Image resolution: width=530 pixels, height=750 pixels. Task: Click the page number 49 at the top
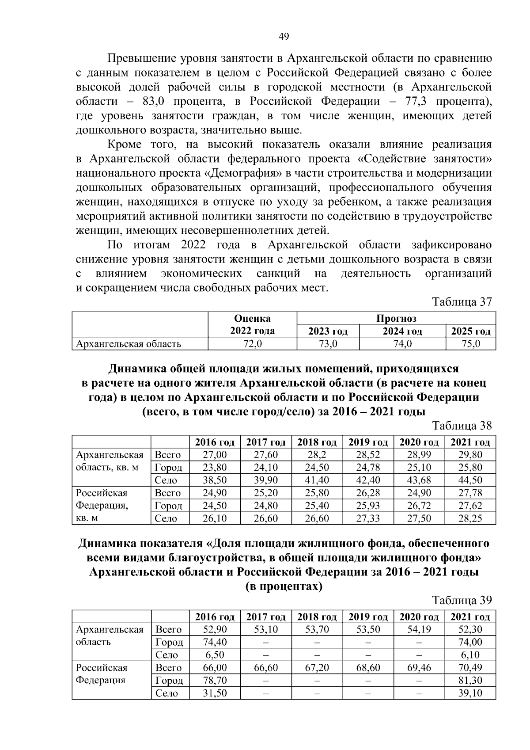[284, 36]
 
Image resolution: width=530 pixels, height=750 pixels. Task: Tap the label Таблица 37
[462, 302]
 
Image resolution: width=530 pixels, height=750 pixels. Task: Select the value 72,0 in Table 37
[252, 344]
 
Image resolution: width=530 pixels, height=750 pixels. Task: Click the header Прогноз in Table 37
[396, 318]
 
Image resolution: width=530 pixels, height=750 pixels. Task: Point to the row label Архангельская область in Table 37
[129, 344]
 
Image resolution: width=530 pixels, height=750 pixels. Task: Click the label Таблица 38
[462, 426]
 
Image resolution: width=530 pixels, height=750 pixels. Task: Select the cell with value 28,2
[317, 455]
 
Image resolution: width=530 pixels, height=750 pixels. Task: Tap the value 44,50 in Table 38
[470, 480]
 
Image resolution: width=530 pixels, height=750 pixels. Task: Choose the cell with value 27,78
[470, 493]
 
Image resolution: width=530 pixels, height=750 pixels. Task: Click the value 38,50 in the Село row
[215, 480]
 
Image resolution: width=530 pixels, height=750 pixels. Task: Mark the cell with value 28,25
[470, 518]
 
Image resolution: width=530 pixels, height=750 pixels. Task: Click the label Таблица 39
[462, 600]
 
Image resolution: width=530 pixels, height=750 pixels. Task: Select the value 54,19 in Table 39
[419, 629]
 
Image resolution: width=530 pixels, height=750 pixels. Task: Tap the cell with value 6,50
[215, 655]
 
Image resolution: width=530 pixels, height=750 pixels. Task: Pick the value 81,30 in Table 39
[470, 681]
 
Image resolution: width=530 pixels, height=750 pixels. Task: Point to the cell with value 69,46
[419, 668]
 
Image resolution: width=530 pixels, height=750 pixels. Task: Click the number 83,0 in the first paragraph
[154, 101]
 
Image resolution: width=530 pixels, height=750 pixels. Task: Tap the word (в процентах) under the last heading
[284, 586]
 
